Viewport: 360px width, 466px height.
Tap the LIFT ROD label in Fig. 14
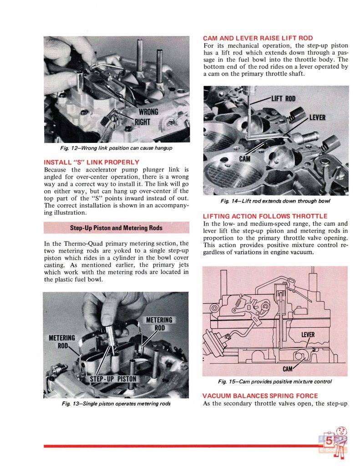click(284, 98)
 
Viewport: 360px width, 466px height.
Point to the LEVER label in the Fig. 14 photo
click(318, 117)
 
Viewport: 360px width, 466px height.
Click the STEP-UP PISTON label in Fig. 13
click(113, 378)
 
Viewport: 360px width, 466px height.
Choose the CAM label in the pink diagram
click(288, 368)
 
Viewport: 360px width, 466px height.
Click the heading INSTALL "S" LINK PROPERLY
click(91, 162)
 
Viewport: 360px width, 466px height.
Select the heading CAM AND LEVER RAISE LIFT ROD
click(258, 38)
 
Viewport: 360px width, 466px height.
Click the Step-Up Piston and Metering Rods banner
click(116, 228)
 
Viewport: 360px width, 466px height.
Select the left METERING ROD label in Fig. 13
click(62, 341)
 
